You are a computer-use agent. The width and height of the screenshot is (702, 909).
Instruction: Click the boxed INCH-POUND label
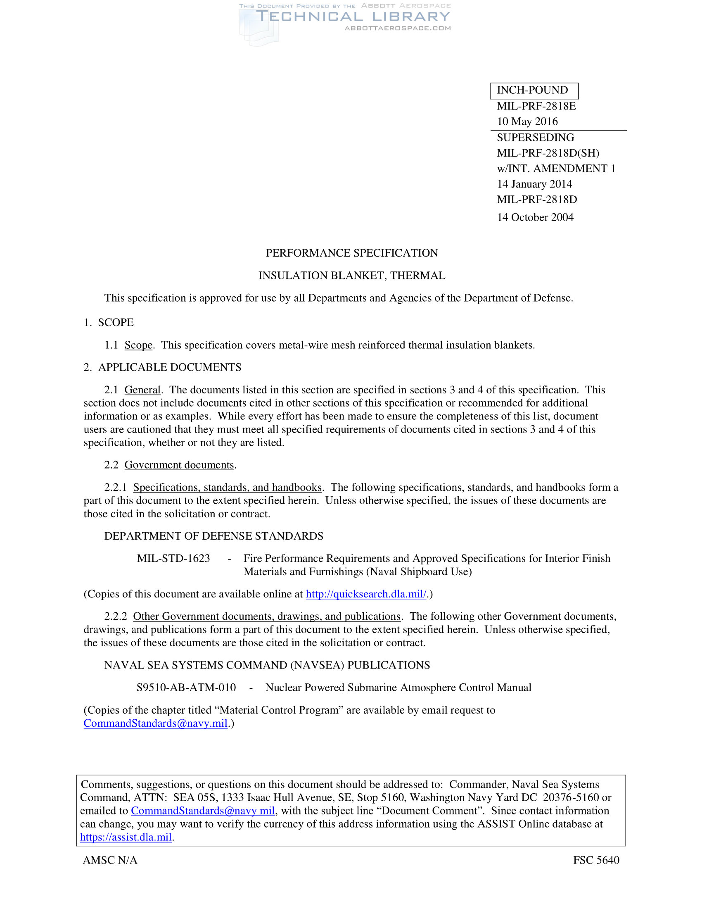534,90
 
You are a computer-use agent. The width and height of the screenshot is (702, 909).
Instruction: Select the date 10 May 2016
527,121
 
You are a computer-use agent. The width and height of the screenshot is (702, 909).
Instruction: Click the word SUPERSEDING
535,137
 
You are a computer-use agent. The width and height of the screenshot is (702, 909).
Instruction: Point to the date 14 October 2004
535,217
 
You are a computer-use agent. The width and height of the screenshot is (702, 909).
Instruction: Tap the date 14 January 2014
534,184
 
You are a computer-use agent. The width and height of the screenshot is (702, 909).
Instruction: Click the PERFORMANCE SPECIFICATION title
351,253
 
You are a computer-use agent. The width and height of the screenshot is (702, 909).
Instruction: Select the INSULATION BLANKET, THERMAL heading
351,276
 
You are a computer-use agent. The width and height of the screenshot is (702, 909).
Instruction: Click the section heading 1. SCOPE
109,323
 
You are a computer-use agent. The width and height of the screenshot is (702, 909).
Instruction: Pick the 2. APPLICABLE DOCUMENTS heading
162,367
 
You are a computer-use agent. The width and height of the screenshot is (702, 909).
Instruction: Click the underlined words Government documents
179,465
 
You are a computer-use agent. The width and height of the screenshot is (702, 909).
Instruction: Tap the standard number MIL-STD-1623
173,558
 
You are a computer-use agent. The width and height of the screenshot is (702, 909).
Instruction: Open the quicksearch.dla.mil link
366,594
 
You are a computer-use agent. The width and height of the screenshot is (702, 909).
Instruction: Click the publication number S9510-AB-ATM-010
186,688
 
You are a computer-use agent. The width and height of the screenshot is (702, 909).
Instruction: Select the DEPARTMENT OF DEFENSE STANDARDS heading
213,536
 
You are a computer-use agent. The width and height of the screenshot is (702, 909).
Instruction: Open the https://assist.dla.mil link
126,837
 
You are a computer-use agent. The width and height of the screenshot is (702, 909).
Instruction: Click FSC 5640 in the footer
596,860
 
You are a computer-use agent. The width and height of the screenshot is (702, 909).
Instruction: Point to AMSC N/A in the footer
110,860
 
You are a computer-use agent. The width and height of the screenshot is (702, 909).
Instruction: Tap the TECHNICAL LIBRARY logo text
353,17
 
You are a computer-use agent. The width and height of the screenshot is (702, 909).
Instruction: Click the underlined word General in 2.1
142,390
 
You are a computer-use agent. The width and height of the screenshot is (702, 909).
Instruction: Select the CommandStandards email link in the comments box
202,811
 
